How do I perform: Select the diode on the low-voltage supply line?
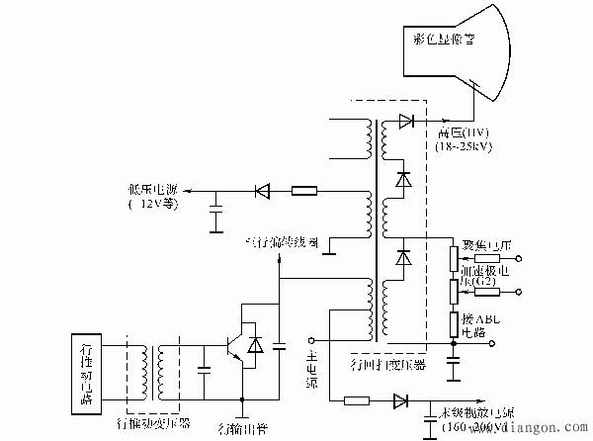pyautogui.click(x=262, y=190)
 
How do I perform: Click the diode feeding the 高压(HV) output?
pyautogui.click(x=405, y=122)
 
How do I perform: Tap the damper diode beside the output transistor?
pyautogui.click(x=257, y=346)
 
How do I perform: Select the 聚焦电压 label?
pyautogui.click(x=485, y=243)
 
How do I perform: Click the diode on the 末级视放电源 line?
pyautogui.click(x=400, y=401)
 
